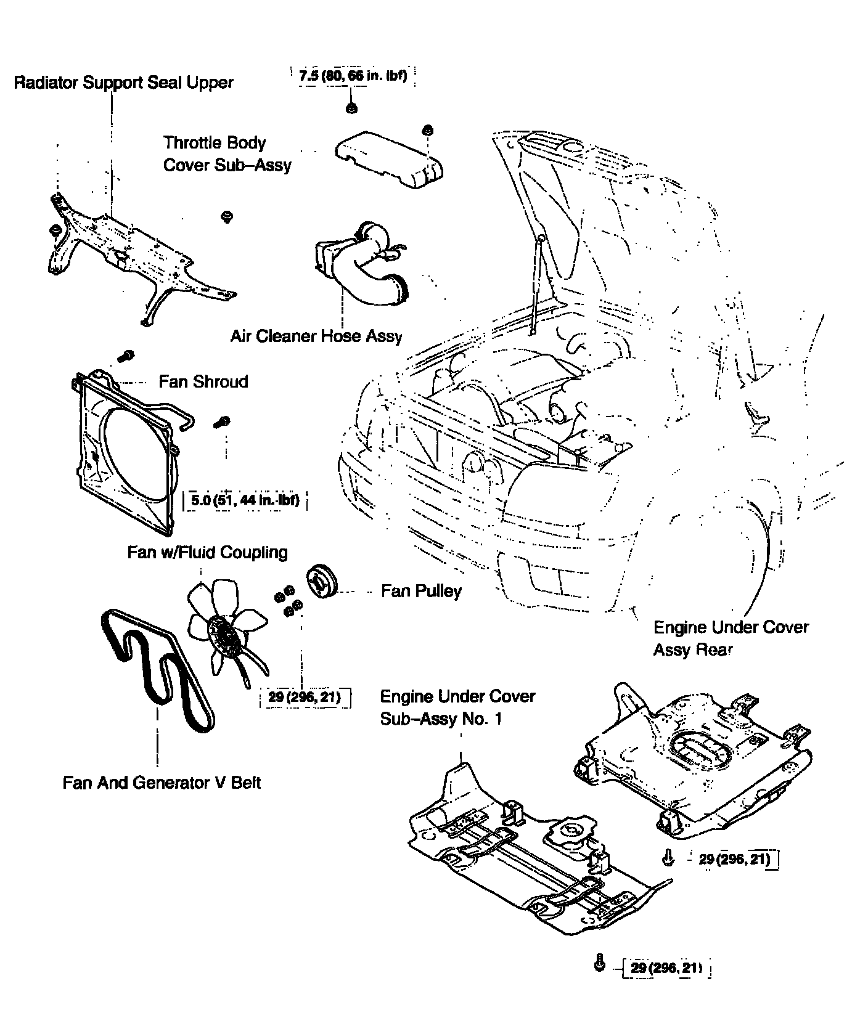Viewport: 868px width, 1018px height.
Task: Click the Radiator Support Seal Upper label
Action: [123, 83]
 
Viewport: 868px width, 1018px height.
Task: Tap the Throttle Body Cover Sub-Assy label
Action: [226, 154]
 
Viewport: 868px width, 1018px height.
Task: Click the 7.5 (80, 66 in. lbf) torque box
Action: [353, 77]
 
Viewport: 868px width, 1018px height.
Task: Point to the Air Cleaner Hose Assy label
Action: [316, 336]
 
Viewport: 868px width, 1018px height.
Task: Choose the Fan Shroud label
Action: [203, 381]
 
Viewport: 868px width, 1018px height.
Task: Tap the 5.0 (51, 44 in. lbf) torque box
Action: [245, 500]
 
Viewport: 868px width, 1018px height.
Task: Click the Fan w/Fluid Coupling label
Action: [207, 552]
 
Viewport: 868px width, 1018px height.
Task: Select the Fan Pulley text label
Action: [421, 592]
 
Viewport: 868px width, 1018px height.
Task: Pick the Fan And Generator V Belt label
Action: [162, 783]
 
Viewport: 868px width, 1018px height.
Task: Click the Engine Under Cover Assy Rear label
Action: [731, 638]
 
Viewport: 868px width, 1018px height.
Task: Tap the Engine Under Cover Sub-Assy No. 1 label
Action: [457, 707]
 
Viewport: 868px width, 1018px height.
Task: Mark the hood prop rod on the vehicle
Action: [536, 283]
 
